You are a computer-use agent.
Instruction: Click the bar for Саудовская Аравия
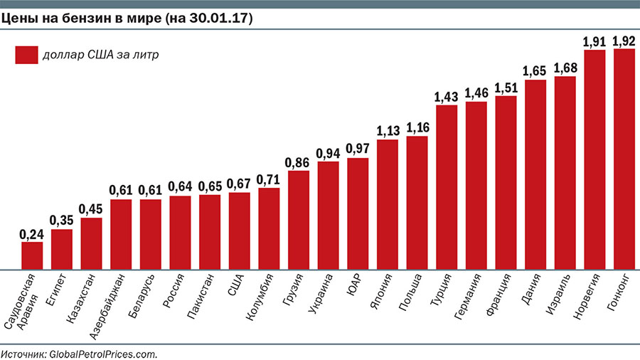pos(32,255)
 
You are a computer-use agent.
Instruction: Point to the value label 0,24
pos(32,234)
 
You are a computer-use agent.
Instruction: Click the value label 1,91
pos(594,41)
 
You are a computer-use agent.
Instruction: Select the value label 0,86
pos(298,163)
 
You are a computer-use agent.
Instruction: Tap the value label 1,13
pos(387,132)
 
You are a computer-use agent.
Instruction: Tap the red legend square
pos(26,55)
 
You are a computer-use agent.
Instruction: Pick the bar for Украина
pos(328,216)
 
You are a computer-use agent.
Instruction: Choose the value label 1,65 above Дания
pos(535,71)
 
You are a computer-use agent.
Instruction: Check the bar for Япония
pos(387,204)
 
